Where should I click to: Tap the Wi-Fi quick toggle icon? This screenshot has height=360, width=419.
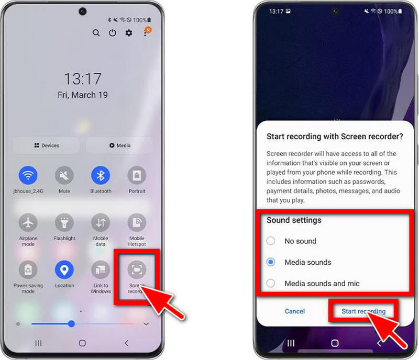(x=28, y=175)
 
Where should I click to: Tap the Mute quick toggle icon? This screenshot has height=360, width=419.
(x=64, y=175)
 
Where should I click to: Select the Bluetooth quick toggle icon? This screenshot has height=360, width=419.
(x=101, y=175)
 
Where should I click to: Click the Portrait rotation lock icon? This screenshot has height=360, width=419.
(x=137, y=175)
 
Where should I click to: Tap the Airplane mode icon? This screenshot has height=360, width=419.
(x=28, y=222)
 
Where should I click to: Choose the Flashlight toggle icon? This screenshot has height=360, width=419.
(x=64, y=222)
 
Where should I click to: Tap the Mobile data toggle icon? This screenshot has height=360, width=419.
(x=101, y=222)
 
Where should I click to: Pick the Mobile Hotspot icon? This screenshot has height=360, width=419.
(x=137, y=222)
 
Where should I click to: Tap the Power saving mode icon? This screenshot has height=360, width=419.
(x=28, y=270)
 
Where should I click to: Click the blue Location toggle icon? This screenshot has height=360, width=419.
(x=64, y=270)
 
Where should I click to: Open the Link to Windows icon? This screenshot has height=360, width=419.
(x=101, y=270)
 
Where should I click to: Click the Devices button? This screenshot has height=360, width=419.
(x=46, y=145)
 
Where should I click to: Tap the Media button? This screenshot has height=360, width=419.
(x=119, y=145)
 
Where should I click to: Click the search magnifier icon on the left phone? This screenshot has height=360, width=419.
(x=96, y=33)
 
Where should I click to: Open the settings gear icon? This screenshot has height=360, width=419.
(x=129, y=33)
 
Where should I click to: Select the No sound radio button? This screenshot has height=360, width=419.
(x=271, y=241)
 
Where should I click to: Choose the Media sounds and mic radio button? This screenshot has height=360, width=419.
(x=271, y=283)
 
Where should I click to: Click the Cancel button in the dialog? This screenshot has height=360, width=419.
(x=294, y=311)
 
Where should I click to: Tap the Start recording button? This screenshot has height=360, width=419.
(x=363, y=311)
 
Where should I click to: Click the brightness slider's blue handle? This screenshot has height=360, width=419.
(x=71, y=324)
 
